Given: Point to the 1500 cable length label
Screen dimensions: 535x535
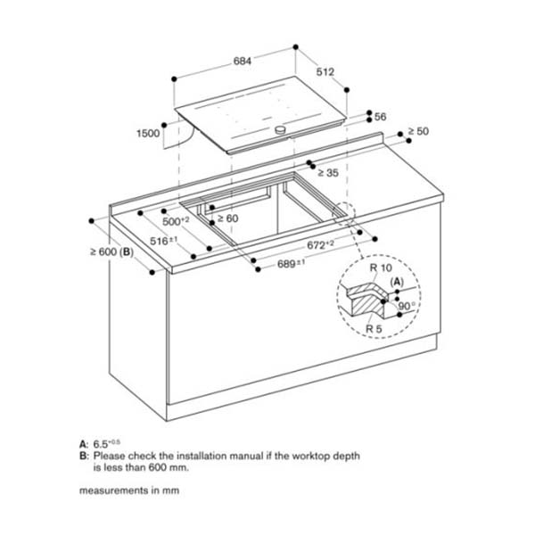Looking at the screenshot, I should [149, 133].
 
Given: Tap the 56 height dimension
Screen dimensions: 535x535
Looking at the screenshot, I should [380, 117].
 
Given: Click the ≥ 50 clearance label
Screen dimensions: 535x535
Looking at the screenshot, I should [418, 131].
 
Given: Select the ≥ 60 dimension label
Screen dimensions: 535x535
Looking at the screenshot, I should [229, 218].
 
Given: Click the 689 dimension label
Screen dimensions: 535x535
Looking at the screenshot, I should [291, 264].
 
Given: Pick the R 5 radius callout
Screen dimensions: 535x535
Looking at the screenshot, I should [374, 329].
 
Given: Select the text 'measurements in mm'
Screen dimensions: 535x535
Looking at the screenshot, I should [124, 490].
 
